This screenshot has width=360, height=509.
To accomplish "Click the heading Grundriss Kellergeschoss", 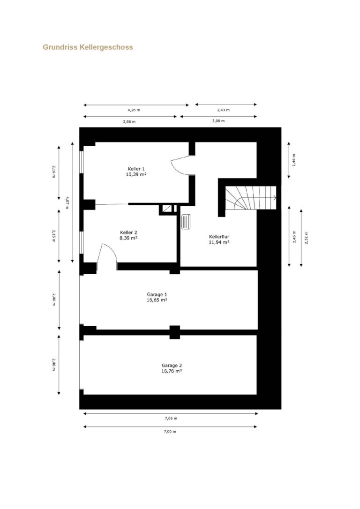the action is (88, 47).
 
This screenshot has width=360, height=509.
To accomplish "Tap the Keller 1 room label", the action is (136, 169).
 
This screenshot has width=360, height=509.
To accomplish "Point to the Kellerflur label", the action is (219, 237).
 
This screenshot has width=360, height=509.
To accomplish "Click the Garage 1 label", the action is (157, 294).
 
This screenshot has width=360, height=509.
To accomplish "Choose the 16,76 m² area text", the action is (172, 371).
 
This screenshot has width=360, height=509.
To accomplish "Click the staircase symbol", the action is (251, 198).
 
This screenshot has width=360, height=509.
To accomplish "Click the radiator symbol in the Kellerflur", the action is (185, 222).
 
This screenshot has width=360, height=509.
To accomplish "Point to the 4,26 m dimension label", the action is (134, 110).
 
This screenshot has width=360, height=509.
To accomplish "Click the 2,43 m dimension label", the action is (223, 110).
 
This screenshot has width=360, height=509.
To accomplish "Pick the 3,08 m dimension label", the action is (218, 121).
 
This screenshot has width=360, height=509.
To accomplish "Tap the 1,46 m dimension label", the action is (294, 160).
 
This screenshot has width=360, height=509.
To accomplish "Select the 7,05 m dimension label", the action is (171, 419).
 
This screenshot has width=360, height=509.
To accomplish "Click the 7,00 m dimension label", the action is (170, 431).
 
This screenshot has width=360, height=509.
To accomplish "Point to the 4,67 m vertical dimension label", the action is (67, 202).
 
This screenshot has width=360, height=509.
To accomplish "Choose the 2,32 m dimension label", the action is (307, 237).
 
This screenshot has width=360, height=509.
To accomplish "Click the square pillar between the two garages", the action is (175, 332).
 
